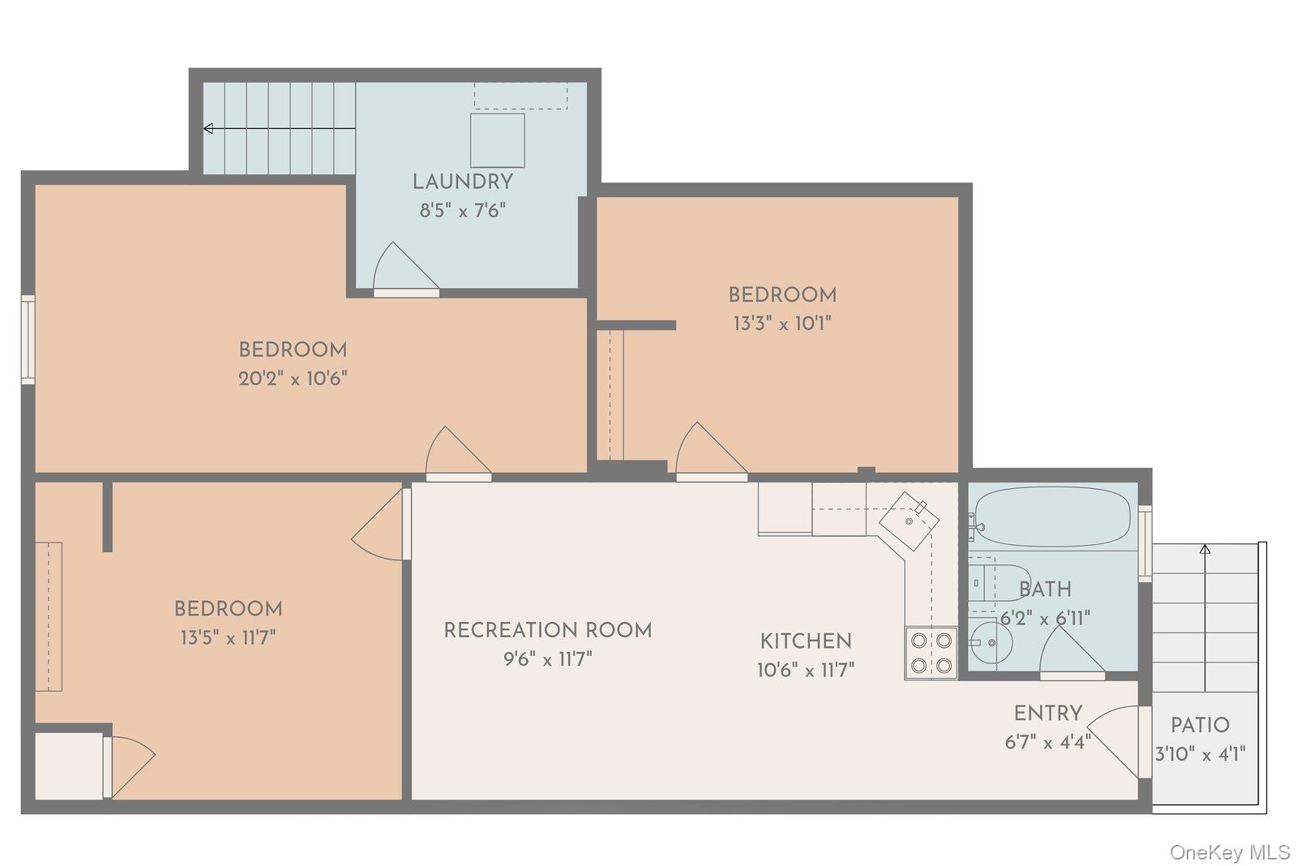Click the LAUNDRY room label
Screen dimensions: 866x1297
click(462, 182)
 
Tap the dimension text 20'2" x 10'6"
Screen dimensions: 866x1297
click(293, 379)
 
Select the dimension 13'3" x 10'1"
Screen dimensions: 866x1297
click(782, 324)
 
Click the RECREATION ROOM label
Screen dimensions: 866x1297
click(547, 630)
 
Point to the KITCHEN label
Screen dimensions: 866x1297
click(806, 641)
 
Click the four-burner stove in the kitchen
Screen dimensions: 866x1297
click(931, 653)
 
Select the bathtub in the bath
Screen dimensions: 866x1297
click(1052, 517)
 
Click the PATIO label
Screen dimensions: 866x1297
click(1200, 725)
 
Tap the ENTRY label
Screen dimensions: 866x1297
click(1048, 714)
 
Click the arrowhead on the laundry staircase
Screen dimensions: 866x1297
click(208, 128)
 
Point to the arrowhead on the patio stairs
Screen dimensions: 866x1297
click(1205, 550)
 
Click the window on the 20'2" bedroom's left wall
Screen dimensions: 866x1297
click(28, 339)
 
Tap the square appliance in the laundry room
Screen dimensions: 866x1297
click(497, 140)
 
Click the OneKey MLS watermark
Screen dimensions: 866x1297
click(1230, 852)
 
